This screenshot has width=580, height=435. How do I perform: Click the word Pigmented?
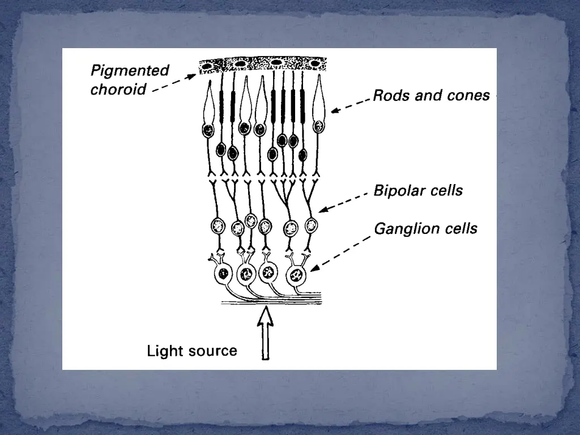click(130, 71)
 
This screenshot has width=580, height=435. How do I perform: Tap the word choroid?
click(118, 89)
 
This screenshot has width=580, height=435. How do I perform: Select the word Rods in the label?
click(391, 95)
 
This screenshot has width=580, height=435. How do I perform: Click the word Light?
click(163, 351)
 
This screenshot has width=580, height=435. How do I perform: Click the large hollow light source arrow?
click(265, 334)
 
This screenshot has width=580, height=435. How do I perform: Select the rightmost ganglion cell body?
click(296, 275)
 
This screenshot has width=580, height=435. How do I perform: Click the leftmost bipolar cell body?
click(217, 226)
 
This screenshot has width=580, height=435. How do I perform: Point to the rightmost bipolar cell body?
click(311, 225)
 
